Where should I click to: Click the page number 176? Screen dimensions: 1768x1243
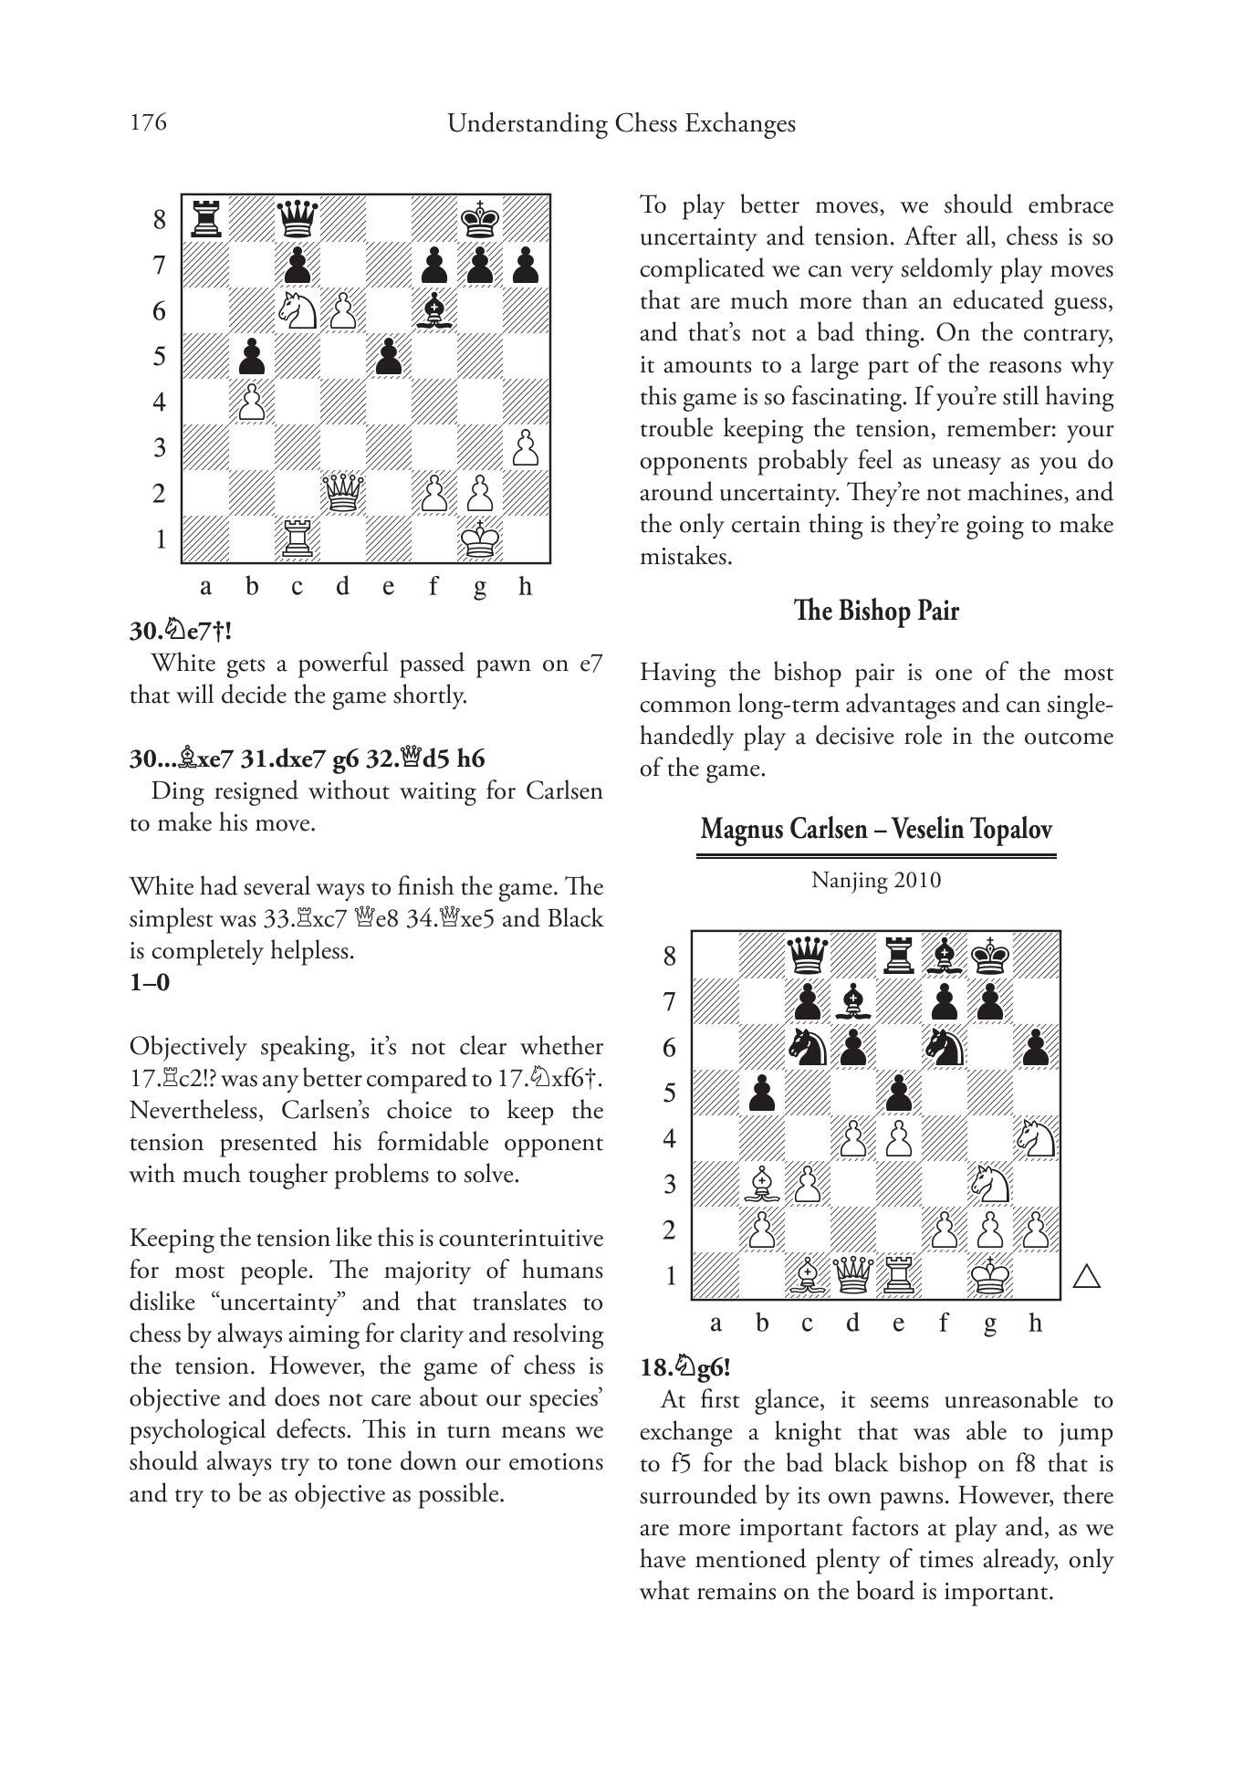148,122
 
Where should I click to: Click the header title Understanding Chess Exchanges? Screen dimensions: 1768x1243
621,123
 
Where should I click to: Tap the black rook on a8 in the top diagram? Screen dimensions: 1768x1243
205,219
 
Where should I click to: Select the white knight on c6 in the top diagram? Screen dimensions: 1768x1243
297,310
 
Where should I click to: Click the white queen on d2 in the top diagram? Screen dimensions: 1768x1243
342,493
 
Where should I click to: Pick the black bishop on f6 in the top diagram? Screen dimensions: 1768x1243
433,310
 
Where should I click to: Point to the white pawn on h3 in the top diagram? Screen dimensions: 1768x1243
525,447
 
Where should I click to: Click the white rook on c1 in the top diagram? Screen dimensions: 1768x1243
297,539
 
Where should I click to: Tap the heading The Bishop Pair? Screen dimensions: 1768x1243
875,610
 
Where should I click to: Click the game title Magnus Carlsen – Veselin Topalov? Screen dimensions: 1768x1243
875,829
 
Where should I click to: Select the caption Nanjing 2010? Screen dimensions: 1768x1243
875,880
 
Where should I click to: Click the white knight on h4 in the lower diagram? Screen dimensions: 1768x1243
1036,1138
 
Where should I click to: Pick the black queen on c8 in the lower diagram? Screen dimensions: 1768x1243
807,956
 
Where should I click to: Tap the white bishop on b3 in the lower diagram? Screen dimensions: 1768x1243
761,1184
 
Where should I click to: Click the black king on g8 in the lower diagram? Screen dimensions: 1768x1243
990,956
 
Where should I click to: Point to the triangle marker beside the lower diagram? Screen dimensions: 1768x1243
1086,1276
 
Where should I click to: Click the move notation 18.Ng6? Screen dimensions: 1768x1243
685,1367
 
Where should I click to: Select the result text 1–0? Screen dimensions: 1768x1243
149,983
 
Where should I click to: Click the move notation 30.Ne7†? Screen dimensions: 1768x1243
180,631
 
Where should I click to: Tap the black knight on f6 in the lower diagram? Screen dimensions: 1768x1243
945,1047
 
